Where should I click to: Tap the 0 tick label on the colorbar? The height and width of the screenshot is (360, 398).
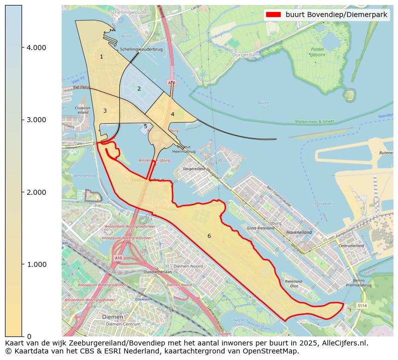[29, 336]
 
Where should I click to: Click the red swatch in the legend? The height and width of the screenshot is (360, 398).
[274, 15]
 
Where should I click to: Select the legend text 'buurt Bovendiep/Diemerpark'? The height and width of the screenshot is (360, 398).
[336, 15]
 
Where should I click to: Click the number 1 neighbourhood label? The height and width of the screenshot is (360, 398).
[101, 57]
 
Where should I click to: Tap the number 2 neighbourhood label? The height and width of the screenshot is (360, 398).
[139, 89]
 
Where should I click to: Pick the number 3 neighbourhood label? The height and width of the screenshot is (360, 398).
[105, 111]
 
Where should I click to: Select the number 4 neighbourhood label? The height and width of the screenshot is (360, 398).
[172, 114]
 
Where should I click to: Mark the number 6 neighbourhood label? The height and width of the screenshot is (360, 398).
[209, 236]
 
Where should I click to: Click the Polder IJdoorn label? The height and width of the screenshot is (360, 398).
[317, 53]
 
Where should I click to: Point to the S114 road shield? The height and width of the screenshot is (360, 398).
[362, 305]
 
